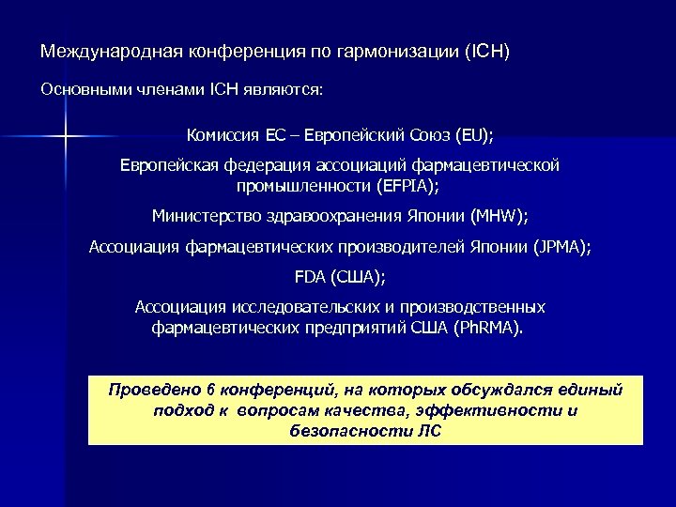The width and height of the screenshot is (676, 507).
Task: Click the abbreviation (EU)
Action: (473, 131)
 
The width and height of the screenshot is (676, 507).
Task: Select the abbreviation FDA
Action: (311, 279)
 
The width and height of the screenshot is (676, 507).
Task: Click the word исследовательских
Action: (311, 308)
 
